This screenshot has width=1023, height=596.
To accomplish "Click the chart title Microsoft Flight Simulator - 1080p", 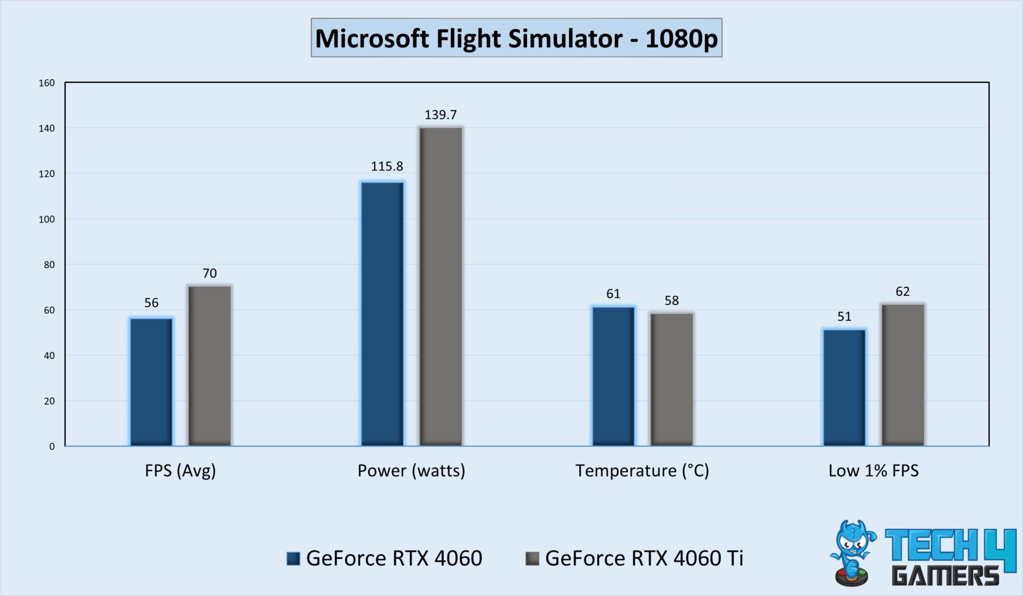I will [516, 38].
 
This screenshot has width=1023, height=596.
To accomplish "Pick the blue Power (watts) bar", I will [382, 313].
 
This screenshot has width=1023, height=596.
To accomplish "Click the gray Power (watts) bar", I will [441, 286].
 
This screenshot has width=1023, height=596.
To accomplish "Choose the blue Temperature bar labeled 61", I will [613, 376].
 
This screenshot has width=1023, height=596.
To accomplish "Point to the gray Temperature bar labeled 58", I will [671, 379].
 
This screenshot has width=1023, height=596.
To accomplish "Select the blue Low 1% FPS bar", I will [844, 387].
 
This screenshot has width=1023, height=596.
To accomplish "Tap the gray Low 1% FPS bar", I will [903, 374].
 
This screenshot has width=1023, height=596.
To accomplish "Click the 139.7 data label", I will [441, 115].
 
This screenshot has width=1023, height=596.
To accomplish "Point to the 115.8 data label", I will [387, 166].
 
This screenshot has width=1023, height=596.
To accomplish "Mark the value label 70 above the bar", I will [209, 273].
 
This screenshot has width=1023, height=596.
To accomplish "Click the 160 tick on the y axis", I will [47, 83].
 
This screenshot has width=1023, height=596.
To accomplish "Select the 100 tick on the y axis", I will [47, 219].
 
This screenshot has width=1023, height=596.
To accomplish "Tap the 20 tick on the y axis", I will [49, 401].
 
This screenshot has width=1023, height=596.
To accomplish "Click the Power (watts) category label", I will [411, 471].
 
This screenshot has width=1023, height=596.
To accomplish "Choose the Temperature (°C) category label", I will [642, 471].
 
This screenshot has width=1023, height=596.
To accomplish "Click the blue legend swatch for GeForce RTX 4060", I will [293, 558].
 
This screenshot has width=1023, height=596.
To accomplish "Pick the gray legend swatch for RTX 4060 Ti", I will [532, 558].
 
